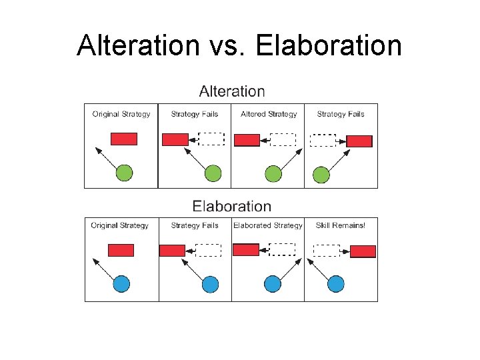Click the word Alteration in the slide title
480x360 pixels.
137,46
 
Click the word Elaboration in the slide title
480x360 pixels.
329,46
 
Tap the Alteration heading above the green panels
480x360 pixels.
232,91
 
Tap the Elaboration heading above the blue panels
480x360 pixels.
232,207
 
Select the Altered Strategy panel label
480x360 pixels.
269,114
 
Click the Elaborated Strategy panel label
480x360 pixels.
267,225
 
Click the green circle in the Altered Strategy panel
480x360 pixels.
273,174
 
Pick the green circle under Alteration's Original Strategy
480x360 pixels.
124,173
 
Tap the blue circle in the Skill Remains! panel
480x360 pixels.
336,284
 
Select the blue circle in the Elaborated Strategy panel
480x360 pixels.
273,284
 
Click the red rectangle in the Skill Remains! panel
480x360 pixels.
363,251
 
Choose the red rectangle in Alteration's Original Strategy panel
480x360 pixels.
123,139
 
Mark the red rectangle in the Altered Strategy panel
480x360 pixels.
247,140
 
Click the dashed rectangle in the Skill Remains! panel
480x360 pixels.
326,251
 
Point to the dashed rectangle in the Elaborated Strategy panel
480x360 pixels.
282,249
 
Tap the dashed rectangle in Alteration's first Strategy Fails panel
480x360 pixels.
212,139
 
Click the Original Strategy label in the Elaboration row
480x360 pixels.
120,225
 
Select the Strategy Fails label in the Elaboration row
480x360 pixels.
195,225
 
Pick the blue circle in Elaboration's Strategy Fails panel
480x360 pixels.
210,284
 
